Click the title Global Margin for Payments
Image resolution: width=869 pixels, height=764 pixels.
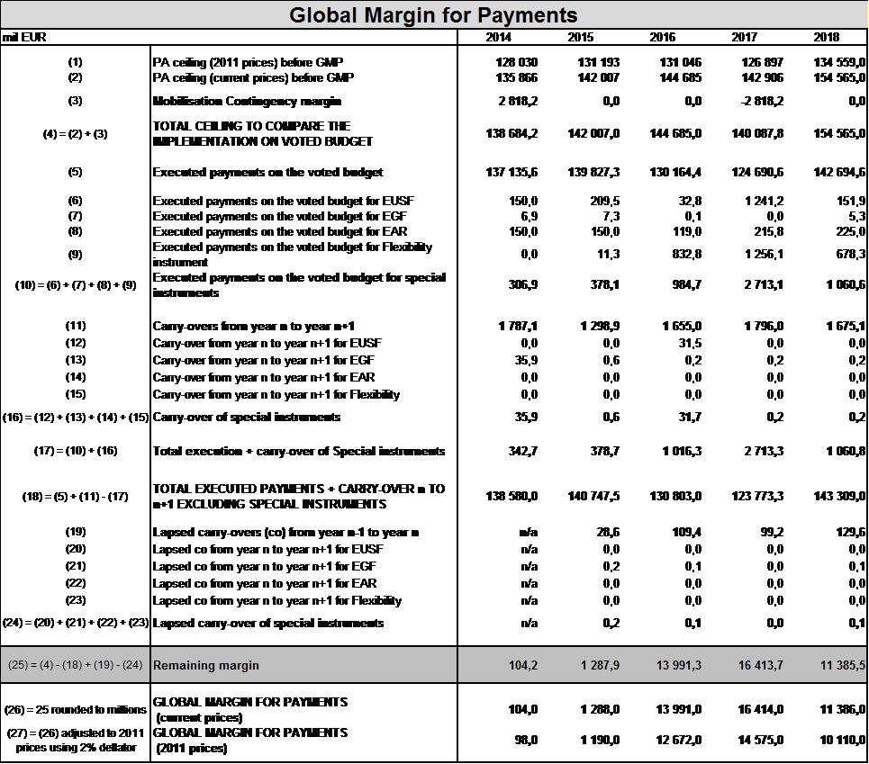click(433, 15)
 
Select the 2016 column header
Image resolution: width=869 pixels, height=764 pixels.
click(662, 37)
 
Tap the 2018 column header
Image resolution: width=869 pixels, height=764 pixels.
click(825, 37)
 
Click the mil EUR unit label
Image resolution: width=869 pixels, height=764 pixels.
click(24, 37)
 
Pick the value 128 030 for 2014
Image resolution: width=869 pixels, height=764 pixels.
click(516, 62)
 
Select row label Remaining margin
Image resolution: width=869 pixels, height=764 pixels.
click(206, 666)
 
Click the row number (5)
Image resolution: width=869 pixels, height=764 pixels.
click(75, 172)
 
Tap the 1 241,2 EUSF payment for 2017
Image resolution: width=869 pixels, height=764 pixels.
click(764, 201)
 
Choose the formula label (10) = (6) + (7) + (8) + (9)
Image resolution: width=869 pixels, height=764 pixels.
click(76, 285)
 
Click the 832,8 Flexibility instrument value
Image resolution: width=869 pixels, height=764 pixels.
click(686, 255)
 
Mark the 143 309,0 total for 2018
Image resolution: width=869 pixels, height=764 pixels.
click(839, 496)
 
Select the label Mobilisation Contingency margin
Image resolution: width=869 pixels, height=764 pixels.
click(247, 102)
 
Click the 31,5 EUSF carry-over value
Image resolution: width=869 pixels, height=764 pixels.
click(689, 343)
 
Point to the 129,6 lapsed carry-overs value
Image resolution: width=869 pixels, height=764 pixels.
click(849, 533)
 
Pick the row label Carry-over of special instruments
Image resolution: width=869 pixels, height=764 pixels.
click(247, 417)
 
